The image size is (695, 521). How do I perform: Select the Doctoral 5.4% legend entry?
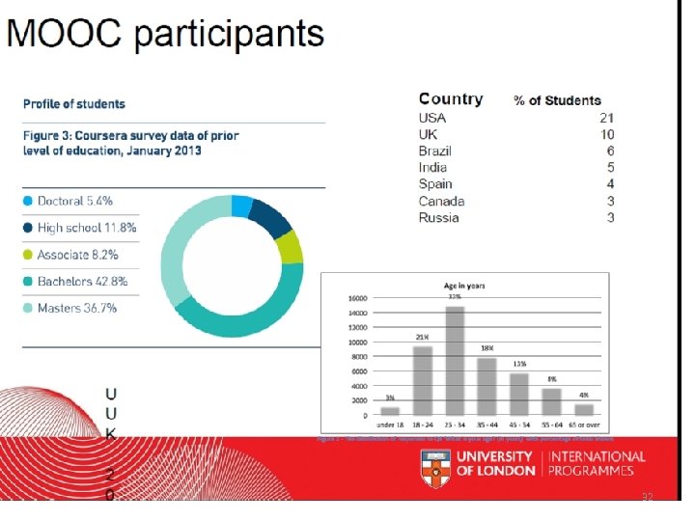click(x=75, y=201)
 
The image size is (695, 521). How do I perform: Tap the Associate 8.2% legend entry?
click(x=77, y=255)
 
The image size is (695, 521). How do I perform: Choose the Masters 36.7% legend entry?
click(x=77, y=308)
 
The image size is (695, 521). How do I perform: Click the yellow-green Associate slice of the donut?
click(x=290, y=247)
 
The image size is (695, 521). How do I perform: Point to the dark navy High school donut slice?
click(x=271, y=217)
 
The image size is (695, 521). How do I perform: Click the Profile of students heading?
click(x=74, y=103)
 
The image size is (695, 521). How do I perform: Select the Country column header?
click(x=451, y=99)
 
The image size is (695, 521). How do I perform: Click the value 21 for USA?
click(x=606, y=118)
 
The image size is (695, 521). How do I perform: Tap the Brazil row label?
click(x=435, y=151)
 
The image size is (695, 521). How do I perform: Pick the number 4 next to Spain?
click(x=610, y=184)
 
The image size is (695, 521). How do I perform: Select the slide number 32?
click(x=649, y=496)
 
